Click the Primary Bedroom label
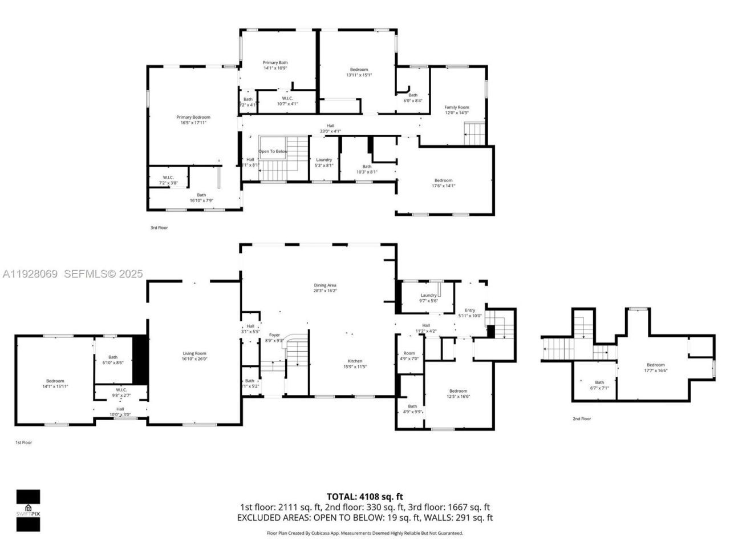tap(193, 117)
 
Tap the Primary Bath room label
tap(275, 63)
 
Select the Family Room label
tap(457, 107)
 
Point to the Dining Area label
tap(325, 285)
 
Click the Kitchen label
tap(355, 361)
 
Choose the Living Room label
tap(194, 353)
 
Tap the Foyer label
tap(274, 335)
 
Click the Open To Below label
tap(273, 151)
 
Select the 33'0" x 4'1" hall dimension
tap(330, 131)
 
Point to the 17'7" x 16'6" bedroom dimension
tap(655, 370)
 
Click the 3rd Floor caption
tap(159, 228)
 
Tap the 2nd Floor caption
tap(582, 419)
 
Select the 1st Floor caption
tap(23, 442)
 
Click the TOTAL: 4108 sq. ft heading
tap(364, 497)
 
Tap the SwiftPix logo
tap(28, 510)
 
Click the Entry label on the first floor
tap(470, 310)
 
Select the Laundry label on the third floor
tap(324, 160)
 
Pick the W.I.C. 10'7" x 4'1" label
tap(287, 98)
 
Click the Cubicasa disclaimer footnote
tap(365, 533)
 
